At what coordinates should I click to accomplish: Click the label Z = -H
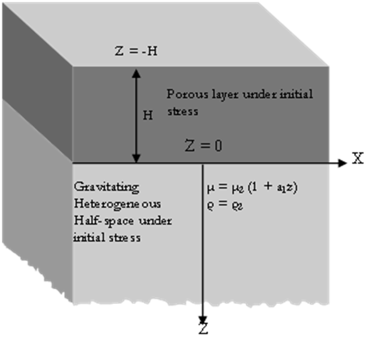pos(136,51)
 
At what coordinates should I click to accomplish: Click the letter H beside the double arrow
pos(148,115)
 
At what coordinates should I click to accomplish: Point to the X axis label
pos(358,158)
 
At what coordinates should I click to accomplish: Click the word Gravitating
pos(106,187)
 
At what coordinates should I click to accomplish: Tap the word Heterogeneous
pos(117,204)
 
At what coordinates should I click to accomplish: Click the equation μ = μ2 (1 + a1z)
pos(252,187)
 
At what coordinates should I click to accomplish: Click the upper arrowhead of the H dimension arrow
pos(136,74)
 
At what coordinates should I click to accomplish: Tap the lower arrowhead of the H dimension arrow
pos(136,158)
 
